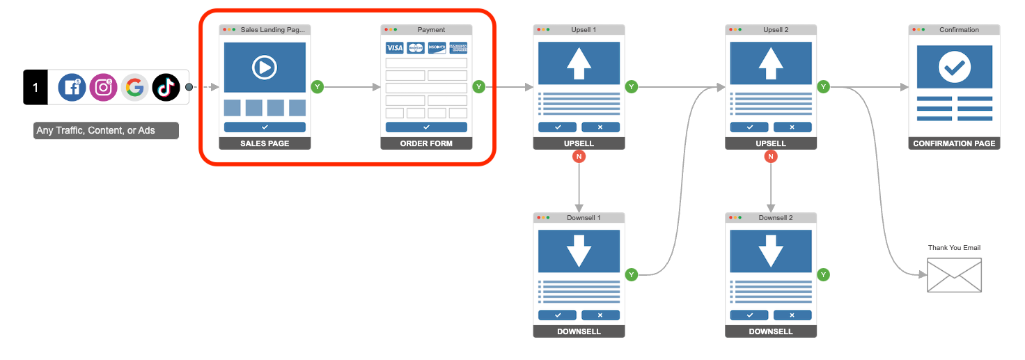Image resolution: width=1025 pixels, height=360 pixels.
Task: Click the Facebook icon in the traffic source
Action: (72, 88)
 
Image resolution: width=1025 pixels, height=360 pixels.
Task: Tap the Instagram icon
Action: (103, 88)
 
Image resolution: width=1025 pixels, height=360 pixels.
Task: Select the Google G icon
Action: (134, 88)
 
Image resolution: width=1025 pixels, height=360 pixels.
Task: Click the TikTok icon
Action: (166, 88)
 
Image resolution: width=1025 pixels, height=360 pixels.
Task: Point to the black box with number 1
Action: (36, 88)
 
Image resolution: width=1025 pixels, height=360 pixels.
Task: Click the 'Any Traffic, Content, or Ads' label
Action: (106, 131)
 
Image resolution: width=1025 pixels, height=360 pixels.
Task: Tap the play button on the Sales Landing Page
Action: (265, 68)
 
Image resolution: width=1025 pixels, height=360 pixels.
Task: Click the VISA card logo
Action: (395, 48)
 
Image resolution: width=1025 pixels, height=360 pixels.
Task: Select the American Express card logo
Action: (458, 48)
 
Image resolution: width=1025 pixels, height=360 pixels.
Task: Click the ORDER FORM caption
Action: (426, 143)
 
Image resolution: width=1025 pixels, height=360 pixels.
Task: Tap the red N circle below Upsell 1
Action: (579, 157)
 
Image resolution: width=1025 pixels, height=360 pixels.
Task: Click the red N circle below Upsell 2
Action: (770, 157)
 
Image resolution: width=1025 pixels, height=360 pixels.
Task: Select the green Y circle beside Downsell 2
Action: (823, 275)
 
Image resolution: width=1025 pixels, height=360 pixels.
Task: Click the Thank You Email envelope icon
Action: (954, 275)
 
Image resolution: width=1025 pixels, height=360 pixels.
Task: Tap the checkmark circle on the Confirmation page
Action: (954, 68)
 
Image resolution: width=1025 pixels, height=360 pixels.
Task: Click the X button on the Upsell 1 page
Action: (600, 127)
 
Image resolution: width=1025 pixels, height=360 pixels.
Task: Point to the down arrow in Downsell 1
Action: (579, 251)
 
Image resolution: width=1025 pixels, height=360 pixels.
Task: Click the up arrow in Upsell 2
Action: (770, 63)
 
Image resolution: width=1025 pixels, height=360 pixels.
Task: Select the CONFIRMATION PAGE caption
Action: (954, 143)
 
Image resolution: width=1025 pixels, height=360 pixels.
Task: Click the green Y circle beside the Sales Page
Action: (318, 87)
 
